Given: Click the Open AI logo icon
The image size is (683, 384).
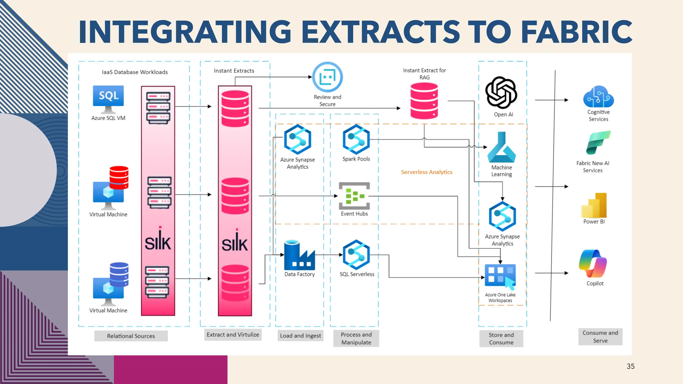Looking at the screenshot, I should click(501, 92).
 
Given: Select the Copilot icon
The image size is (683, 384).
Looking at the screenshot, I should click(593, 263).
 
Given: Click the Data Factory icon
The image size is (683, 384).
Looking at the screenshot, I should click(299, 255).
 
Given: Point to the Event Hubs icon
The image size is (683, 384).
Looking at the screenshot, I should click(354, 196).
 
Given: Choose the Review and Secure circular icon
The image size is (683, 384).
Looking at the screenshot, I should click(327, 77).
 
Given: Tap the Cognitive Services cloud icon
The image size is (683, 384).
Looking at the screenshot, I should click(598, 97).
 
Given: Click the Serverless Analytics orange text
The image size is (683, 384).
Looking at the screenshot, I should click(427, 172).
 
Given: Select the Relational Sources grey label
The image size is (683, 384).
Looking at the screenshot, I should click(131, 336).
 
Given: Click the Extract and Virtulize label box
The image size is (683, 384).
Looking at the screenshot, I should click(233, 335).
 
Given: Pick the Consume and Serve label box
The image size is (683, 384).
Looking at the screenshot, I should click(600, 337).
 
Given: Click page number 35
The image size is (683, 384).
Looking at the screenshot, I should click(630, 366).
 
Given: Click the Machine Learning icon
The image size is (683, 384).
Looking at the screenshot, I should click(501, 147).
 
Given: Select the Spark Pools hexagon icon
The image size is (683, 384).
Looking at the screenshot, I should click(356, 139).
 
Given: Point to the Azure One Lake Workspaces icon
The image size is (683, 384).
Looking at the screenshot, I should click(500, 276).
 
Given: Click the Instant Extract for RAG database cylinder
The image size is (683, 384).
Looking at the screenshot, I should click(424, 101).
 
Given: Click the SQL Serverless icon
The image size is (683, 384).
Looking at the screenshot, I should click(356, 255).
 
